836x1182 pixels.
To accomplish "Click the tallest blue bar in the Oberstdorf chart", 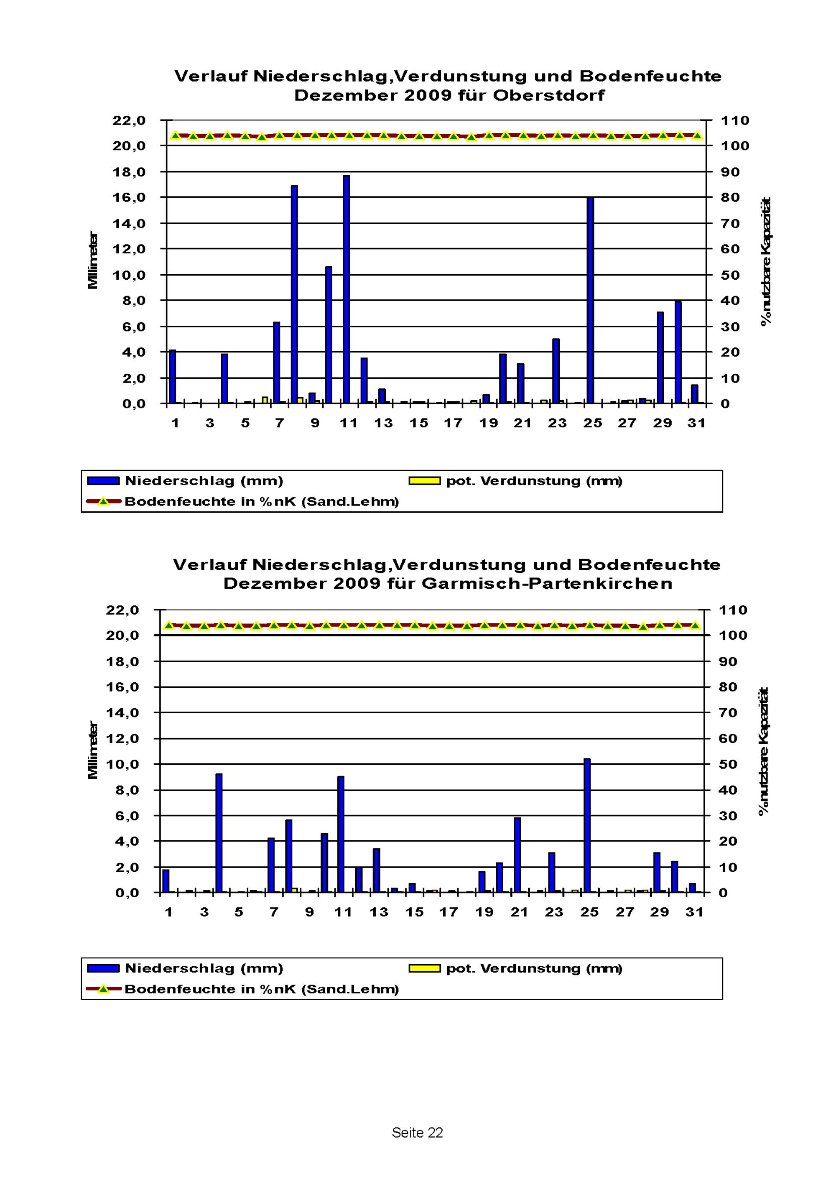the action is [x=347, y=289].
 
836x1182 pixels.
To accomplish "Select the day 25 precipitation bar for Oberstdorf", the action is [x=591, y=300].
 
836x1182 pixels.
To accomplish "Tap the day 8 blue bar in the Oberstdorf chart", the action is [x=294, y=294].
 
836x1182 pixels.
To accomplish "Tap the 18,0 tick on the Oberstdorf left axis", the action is [x=129, y=172].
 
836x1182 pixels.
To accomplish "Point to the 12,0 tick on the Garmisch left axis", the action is [x=122, y=739].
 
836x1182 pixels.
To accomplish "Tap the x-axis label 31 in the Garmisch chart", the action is [x=694, y=912].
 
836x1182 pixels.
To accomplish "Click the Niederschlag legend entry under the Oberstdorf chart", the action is [x=185, y=481].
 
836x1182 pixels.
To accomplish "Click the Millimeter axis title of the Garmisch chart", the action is [x=93, y=751].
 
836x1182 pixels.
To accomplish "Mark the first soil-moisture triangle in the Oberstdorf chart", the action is [x=175, y=135].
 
